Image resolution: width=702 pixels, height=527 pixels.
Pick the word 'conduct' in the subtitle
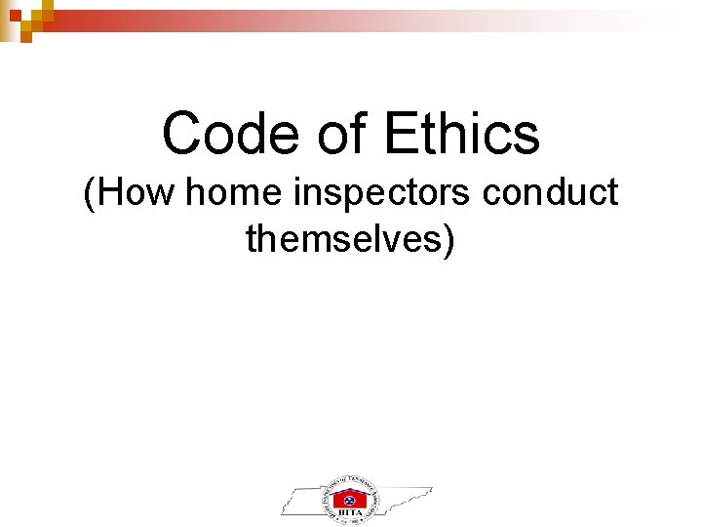point(550,192)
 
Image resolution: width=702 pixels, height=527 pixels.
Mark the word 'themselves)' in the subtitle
point(350,237)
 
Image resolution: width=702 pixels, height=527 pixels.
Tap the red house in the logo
point(350,499)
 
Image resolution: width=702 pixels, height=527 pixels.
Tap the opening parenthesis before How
point(90,193)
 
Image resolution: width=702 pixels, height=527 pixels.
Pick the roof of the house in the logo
point(350,489)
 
